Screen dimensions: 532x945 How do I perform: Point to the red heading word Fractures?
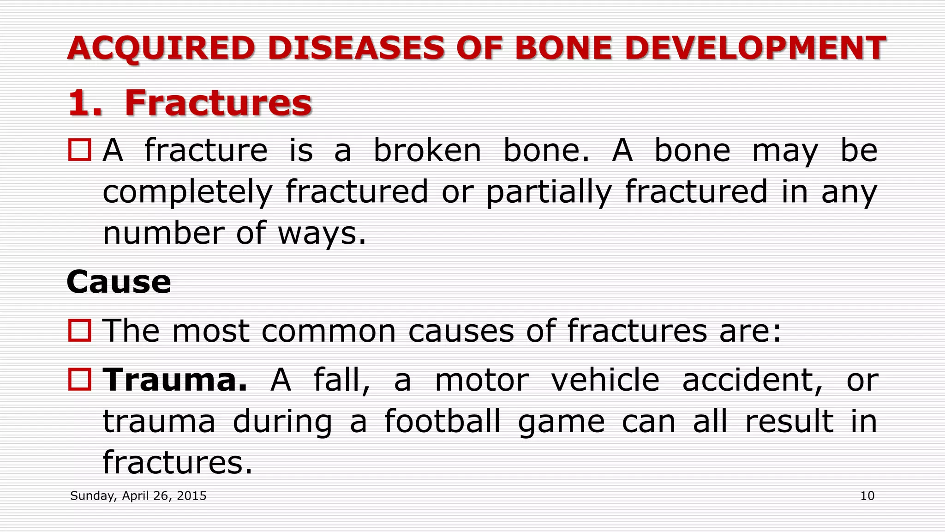(218, 103)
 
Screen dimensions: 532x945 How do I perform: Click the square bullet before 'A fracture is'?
(80, 150)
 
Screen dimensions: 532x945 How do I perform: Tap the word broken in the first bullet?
(427, 151)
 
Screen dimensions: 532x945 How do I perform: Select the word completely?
(187, 192)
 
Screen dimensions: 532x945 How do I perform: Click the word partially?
(549, 192)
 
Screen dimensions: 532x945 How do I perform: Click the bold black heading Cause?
(119, 282)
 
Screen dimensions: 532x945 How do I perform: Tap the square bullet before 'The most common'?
(80, 331)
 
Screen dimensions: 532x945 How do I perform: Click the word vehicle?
(605, 380)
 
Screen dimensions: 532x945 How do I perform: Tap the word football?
(442, 421)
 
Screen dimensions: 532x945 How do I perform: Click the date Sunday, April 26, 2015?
(138, 496)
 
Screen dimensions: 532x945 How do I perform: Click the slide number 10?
(867, 496)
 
